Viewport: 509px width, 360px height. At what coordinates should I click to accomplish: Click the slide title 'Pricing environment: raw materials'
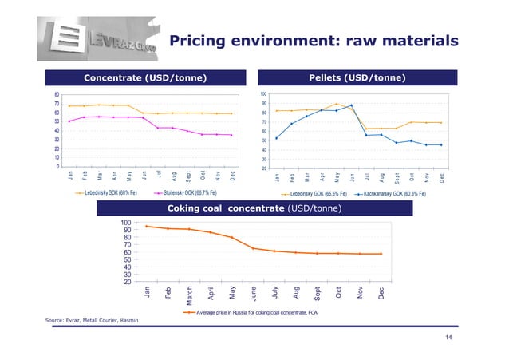[314, 40]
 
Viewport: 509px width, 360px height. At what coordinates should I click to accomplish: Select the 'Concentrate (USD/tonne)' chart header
[146, 77]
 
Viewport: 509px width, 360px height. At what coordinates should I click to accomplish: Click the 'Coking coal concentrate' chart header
[255, 208]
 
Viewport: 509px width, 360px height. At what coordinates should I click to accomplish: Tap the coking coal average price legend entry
[251, 313]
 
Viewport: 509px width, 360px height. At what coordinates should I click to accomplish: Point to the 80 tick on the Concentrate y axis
[56, 95]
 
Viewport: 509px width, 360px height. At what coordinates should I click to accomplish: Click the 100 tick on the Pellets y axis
[264, 95]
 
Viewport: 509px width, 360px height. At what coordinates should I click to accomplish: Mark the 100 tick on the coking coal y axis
[125, 224]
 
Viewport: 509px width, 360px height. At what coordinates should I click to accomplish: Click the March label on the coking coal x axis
[190, 293]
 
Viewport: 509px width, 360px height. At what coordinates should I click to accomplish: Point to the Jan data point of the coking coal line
[147, 227]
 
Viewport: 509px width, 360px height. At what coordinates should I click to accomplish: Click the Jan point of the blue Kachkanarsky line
[277, 138]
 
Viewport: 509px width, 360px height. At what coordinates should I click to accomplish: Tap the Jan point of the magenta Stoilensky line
[69, 121]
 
